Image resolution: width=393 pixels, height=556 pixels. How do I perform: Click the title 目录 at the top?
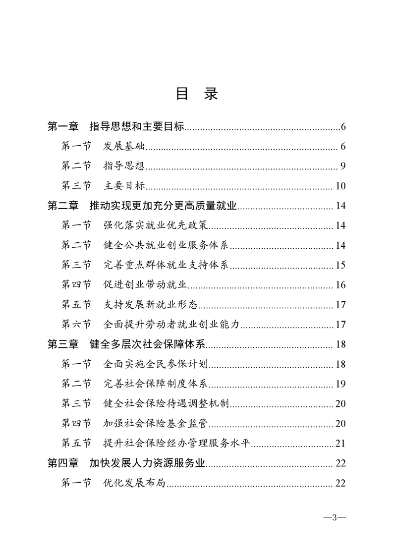[x=197, y=94]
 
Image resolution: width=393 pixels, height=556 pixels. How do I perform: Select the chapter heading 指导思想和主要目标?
[x=137, y=127]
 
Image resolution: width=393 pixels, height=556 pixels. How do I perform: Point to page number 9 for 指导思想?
[x=342, y=166]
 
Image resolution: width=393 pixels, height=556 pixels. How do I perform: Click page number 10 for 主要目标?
[x=340, y=186]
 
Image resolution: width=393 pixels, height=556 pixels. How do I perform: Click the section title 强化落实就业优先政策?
[x=155, y=225]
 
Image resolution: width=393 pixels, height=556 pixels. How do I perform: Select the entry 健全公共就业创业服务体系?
[x=166, y=245]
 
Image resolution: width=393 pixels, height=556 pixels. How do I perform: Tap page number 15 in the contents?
[x=340, y=265]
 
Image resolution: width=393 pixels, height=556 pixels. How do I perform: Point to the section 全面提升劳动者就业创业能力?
[x=171, y=324]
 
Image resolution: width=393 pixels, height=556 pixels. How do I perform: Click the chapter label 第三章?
[x=63, y=344]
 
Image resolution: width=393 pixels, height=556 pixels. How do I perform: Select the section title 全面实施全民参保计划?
[x=155, y=364]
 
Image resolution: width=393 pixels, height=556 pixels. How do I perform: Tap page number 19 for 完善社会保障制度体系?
[x=340, y=384]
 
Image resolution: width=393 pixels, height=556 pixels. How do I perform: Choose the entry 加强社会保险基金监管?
[x=155, y=423]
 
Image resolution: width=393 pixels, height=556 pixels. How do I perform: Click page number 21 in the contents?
[x=340, y=443]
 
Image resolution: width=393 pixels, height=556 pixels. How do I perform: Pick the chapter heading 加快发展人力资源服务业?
[x=148, y=463]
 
